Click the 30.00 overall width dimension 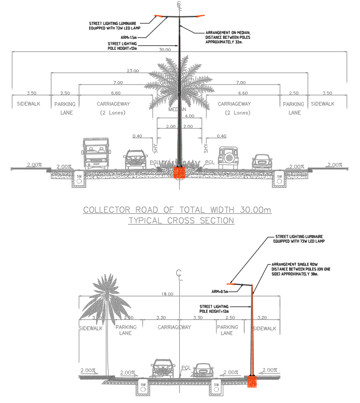pyautogui.click(x=165, y=50)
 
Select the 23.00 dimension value pyautogui.click(x=133, y=71)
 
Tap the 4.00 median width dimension pyautogui.click(x=189, y=116)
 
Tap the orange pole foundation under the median pyautogui.click(x=179, y=172)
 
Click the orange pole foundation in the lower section pyautogui.click(x=253, y=381)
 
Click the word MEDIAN pyautogui.click(x=178, y=110)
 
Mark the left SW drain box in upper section pyautogui.click(x=79, y=179)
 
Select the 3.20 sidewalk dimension pyautogui.click(x=263, y=317)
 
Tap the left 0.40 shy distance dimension pyautogui.click(x=137, y=136)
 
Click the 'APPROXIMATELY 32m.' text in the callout pyautogui.click(x=224, y=42)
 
